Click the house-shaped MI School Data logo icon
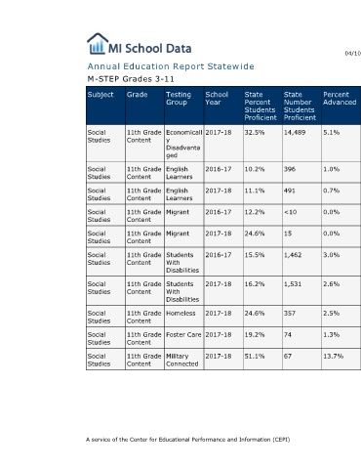pyautogui.click(x=98, y=43)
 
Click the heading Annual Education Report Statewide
pyautogui.click(x=171, y=66)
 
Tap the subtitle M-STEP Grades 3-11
pyautogui.click(x=131, y=79)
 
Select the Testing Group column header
pyautogui.click(x=179, y=99)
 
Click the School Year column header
pyautogui.click(x=217, y=99)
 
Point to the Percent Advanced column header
pyautogui.click(x=340, y=99)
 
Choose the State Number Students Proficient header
pyautogui.click(x=300, y=106)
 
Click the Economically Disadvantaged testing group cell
pyautogui.click(x=184, y=144)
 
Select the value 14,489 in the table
pyautogui.click(x=295, y=133)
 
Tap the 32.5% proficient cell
pyautogui.click(x=255, y=133)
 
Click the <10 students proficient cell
pyautogui.click(x=290, y=212)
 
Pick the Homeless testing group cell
pyautogui.click(x=180, y=314)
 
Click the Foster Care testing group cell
pyautogui.click(x=183, y=335)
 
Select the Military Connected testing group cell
pyautogui.click(x=181, y=360)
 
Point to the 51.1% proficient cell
pyautogui.click(x=255, y=357)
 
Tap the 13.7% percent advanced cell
pyautogui.click(x=333, y=357)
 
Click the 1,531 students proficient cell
pyautogui.click(x=293, y=284)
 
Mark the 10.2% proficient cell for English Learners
pyautogui.click(x=255, y=169)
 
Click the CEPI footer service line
pyautogui.click(x=188, y=440)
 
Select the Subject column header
pyautogui.click(x=100, y=95)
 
